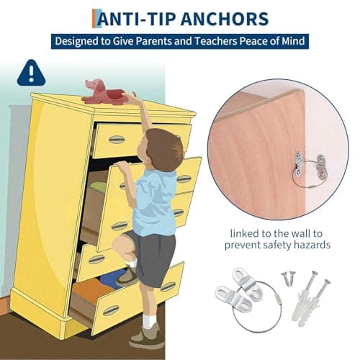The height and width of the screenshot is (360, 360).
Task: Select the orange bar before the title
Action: point(95,19)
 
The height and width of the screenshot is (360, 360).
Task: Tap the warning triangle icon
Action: point(30,72)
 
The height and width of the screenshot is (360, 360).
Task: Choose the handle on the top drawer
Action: point(116,139)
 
